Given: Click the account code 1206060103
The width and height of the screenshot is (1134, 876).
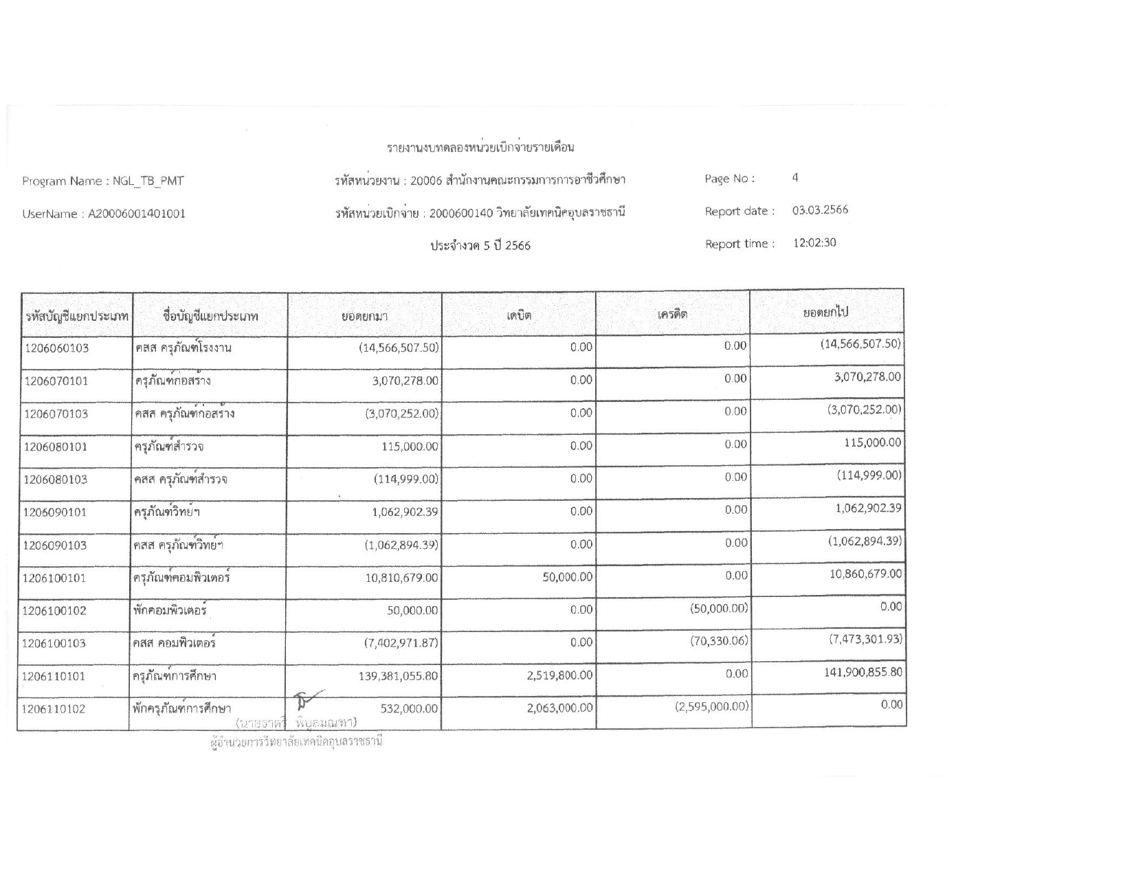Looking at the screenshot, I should tap(56, 348).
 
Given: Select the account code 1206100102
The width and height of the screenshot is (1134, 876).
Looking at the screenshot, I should tap(55, 611).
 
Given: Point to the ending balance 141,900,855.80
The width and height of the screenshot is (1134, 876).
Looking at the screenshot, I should tap(863, 672).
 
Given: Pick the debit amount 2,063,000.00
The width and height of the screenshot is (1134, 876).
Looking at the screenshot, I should tap(559, 708).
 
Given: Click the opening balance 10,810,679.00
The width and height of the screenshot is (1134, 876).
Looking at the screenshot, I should tap(401, 578).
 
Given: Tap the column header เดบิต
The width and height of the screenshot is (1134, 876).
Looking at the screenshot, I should tap(519, 315).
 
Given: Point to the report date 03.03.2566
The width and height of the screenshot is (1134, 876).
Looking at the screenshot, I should tap(820, 210).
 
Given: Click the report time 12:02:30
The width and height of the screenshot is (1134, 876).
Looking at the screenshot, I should tap(814, 243).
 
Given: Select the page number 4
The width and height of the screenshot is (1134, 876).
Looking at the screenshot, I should tap(795, 178).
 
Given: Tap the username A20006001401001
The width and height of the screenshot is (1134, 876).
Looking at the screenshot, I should tap(135, 214).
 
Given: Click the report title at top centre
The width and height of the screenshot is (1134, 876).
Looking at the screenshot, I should tap(480, 147).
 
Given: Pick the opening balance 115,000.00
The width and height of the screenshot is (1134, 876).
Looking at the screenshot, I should tap(410, 447).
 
